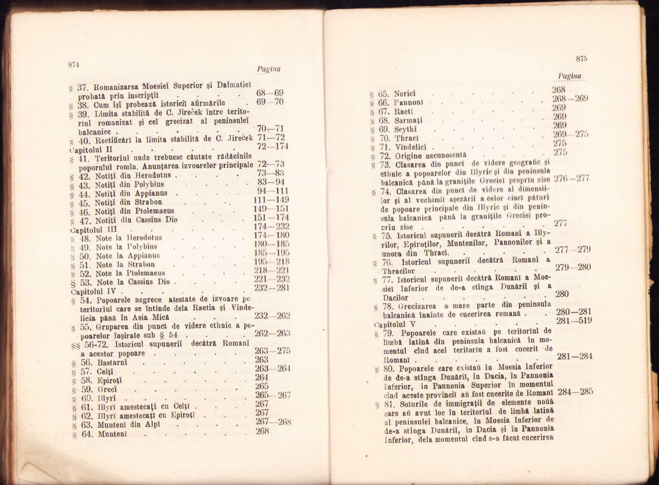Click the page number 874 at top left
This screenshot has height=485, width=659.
point(75,64)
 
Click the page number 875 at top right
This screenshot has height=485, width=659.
point(582,59)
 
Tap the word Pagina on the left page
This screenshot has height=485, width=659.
point(268,69)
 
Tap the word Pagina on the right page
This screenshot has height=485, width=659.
point(569,76)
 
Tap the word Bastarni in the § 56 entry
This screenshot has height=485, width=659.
point(111,362)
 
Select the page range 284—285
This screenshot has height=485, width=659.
point(575,392)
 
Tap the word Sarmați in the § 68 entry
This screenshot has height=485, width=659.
point(408,121)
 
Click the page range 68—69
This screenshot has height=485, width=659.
point(270,93)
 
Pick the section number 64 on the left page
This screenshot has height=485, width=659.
point(86,434)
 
